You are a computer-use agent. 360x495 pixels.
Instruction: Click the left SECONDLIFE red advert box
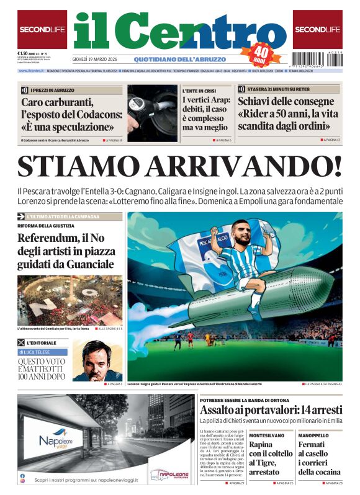[x=42, y=29]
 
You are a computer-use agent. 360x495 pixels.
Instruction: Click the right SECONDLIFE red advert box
[x=317, y=29]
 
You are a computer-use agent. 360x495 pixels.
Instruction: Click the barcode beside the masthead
[x=317, y=60]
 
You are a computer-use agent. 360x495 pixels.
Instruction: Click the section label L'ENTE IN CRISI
[x=199, y=91]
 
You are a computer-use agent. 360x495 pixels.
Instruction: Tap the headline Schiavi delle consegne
[x=286, y=102]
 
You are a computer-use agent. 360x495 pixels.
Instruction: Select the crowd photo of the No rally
[x=70, y=300]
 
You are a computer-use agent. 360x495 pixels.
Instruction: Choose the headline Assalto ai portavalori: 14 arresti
[x=271, y=410]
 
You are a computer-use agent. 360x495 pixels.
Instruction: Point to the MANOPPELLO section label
[x=313, y=435]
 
